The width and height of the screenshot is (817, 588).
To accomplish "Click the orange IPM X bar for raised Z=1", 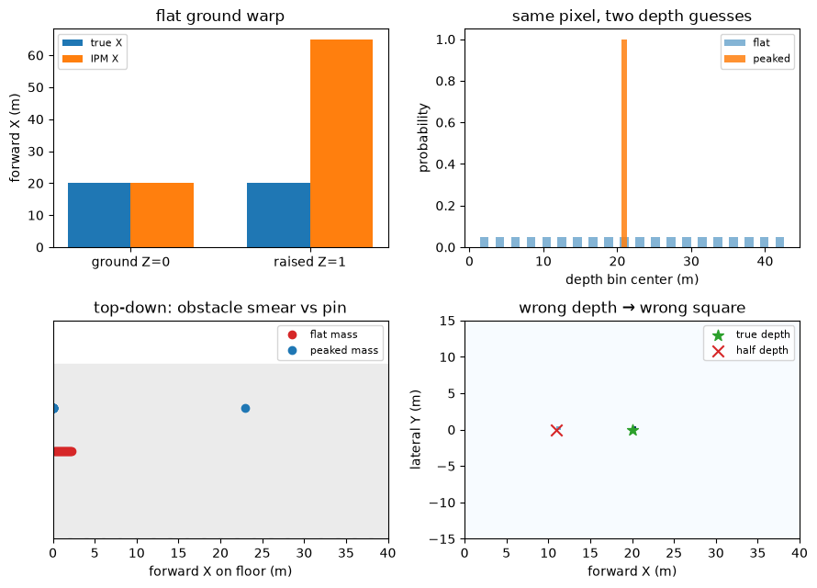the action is point(341,143).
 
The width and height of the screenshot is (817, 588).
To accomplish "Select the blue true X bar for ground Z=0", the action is point(99,215).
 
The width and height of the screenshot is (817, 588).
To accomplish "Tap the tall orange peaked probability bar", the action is point(624,143).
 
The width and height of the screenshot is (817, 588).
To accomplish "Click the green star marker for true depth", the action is point(632,430).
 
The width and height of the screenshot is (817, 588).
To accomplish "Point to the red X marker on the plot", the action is point(556,430).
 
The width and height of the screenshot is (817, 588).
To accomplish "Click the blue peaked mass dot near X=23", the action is point(245,408).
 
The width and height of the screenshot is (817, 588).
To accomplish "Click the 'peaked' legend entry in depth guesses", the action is point(757,59).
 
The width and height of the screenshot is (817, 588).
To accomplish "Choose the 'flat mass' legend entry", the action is point(322,334).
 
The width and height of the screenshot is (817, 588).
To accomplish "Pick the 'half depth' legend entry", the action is point(750,350).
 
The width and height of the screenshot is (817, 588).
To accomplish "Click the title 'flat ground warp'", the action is point(220,17).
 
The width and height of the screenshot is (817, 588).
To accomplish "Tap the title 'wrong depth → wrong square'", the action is point(632,308).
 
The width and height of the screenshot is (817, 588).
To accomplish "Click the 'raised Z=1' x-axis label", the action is point(309,262).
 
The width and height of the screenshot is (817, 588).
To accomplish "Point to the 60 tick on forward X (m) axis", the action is point(36,56).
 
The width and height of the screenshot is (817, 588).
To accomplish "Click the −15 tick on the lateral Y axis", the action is point(442,539).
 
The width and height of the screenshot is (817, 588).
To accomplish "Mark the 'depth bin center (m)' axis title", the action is point(632,280).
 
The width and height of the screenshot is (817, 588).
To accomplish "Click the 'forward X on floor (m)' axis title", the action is point(220,571).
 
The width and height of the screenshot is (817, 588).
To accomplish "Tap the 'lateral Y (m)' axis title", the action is point(415,430).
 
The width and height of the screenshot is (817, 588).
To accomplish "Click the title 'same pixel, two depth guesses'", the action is point(632,17).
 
